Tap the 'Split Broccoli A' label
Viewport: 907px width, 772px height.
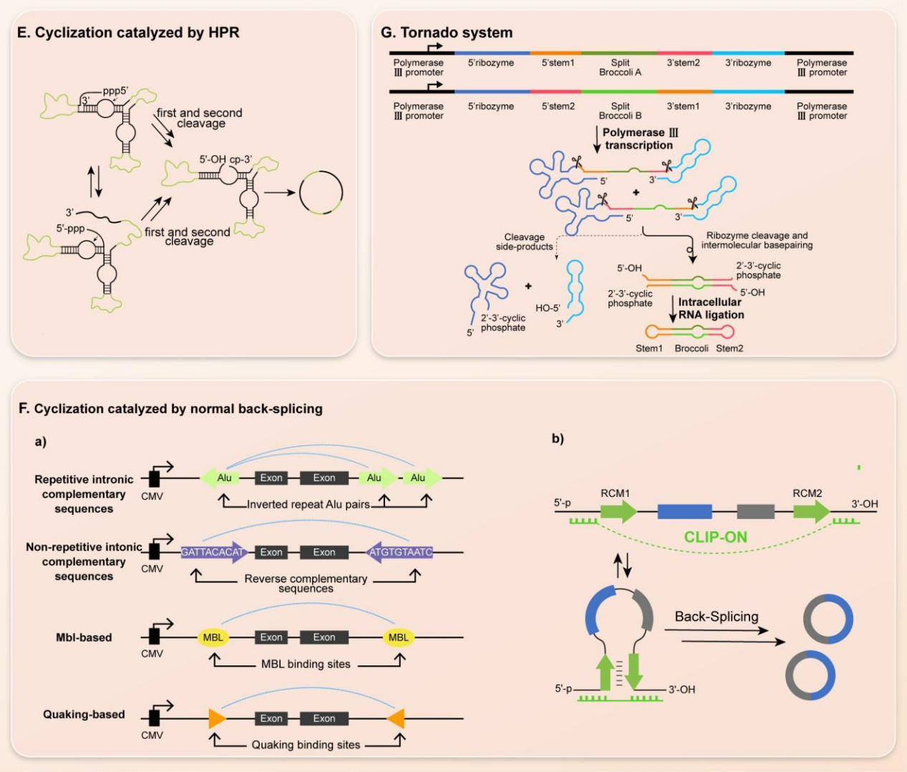coord(620,67)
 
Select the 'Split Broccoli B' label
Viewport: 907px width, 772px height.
coord(620,110)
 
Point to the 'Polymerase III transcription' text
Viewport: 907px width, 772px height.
coord(639,139)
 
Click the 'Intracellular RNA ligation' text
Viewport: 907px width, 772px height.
coord(711,308)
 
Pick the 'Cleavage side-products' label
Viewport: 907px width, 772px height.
coord(525,241)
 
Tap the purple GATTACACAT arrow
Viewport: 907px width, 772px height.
coord(214,552)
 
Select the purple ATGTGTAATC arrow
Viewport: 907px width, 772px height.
coord(399,552)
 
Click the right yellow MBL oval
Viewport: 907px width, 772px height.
coord(399,637)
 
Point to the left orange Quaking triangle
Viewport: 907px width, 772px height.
coord(217,718)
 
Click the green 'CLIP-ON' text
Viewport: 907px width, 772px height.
coord(716,536)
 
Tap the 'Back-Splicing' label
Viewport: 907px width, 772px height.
coord(717,617)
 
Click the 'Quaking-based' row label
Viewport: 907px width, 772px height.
coord(84,714)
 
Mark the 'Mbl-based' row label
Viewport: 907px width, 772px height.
coord(84,637)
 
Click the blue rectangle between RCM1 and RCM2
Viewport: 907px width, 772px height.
coord(684,511)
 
